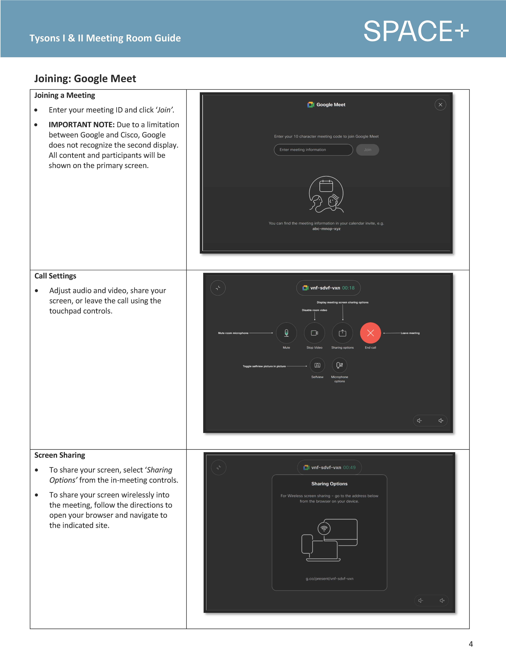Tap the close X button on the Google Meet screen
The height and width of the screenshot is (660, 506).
[x=440, y=105]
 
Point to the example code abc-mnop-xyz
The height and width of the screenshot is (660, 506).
[x=326, y=229]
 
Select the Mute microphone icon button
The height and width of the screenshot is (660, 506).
[x=286, y=333]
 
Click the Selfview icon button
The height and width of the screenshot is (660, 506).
[x=317, y=365]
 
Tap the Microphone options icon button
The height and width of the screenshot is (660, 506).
[x=339, y=365]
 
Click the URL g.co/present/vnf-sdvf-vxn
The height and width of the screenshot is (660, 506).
[x=329, y=579]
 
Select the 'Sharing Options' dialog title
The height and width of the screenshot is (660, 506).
[x=329, y=484]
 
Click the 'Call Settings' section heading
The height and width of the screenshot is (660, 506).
[x=55, y=276]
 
